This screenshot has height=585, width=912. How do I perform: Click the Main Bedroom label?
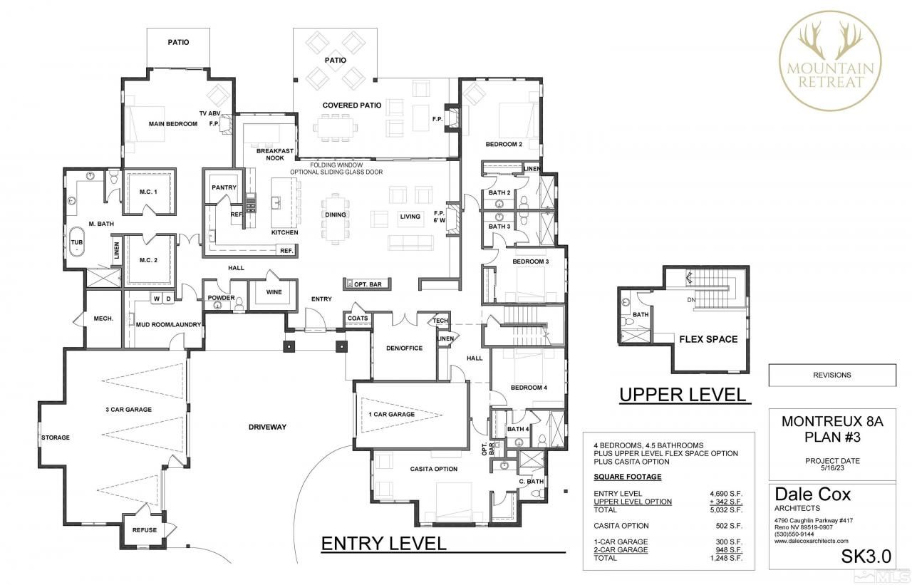[x=172, y=124]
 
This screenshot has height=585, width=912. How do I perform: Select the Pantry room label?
[x=223, y=187]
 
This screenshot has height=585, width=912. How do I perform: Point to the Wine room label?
[x=273, y=292]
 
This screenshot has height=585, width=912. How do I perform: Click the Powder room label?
[x=221, y=298]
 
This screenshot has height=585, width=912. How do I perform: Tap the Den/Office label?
[x=405, y=348]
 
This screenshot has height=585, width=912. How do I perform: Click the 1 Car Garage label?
[x=391, y=414]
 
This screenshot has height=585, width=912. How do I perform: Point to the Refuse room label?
[x=144, y=529]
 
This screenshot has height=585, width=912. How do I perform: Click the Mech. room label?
[x=103, y=319]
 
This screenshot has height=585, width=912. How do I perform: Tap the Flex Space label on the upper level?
[x=708, y=339]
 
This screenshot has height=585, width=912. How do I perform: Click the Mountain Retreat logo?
[x=830, y=58]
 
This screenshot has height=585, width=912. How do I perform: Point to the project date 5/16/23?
[x=831, y=469]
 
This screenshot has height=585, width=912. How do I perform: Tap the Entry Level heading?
[x=383, y=543]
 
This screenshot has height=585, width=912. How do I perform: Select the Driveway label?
[x=267, y=427]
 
